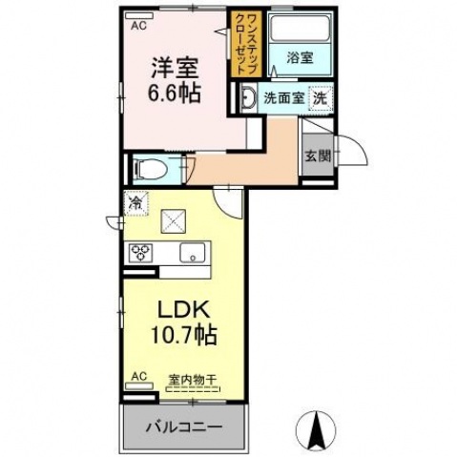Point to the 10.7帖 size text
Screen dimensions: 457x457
(x=180, y=336)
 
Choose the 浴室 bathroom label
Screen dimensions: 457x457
(x=300, y=57)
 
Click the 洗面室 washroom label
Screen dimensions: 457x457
(x=282, y=97)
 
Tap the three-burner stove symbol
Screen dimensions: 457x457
(x=142, y=253)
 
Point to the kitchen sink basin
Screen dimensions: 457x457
(x=191, y=253)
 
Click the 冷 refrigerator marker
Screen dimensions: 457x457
(x=136, y=203)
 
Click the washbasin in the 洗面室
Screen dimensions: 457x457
(x=248, y=97)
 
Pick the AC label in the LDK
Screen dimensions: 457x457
(x=139, y=377)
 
